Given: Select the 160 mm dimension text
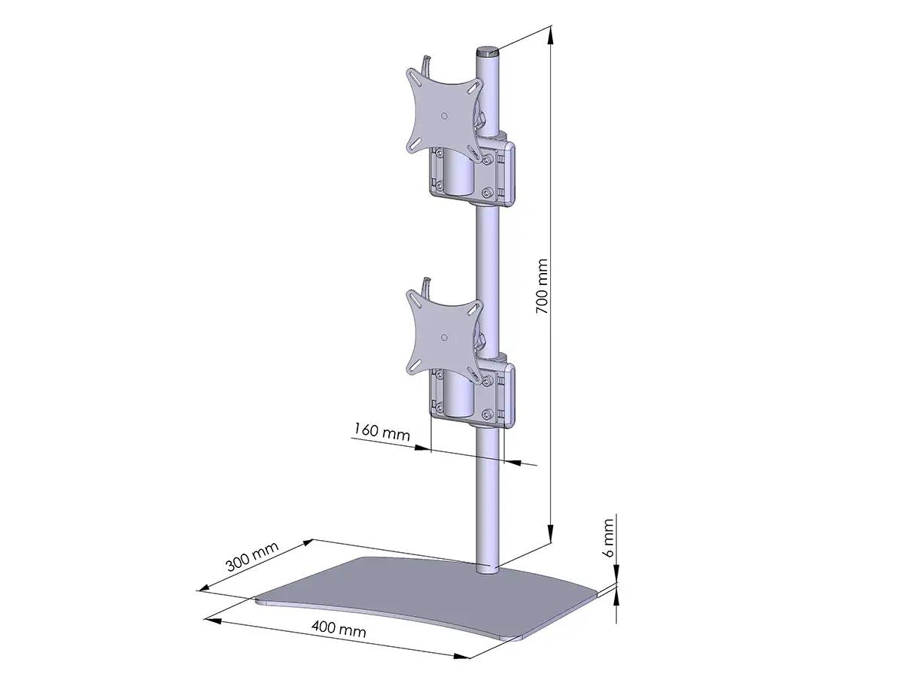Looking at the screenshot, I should (382, 433).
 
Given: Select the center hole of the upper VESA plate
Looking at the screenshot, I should (444, 116).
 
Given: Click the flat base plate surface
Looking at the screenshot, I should (421, 594).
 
